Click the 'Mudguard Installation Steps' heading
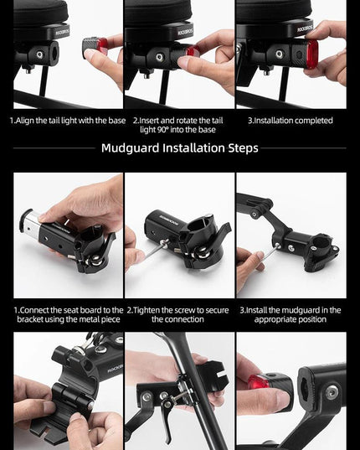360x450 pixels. point(180,147)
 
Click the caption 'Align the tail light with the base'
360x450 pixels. point(70,120)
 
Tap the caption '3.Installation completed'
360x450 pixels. point(291,120)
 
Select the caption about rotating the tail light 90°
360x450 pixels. point(177,125)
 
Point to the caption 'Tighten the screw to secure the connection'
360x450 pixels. point(177,314)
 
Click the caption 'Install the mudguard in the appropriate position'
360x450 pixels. point(291,314)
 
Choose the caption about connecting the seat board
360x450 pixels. point(69,314)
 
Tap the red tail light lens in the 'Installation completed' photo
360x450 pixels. point(312,54)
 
